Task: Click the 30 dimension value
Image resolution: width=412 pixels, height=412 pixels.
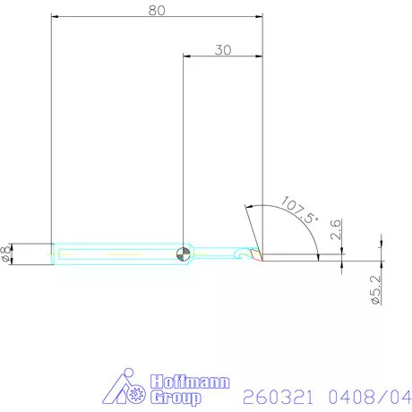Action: coord(223,50)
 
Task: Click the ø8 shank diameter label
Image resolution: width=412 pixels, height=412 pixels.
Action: coord(8,253)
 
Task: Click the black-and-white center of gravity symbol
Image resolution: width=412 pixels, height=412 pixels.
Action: coord(184,253)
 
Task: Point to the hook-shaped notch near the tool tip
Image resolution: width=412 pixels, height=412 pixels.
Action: coord(239,254)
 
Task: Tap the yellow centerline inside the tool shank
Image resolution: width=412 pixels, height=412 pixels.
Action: coord(116,253)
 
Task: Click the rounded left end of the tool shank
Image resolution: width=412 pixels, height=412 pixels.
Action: coord(54,253)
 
